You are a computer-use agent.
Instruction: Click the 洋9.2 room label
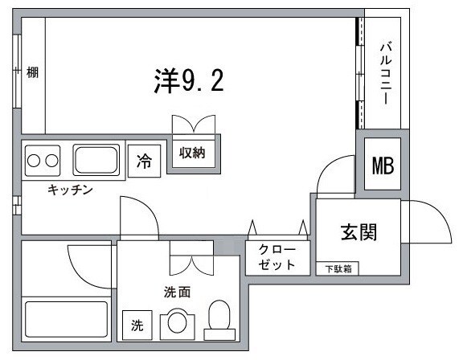click(x=187, y=79)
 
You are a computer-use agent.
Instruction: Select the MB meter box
click(x=382, y=165)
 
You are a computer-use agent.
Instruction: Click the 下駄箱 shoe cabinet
click(x=338, y=268)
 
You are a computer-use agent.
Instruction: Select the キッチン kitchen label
click(x=71, y=190)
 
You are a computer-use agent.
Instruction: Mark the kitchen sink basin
click(x=96, y=160)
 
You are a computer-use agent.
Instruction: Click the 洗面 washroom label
click(x=178, y=292)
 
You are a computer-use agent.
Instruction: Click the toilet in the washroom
click(x=219, y=319)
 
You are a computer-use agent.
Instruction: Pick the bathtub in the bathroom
click(x=66, y=319)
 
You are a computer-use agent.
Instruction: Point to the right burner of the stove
click(x=53, y=160)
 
